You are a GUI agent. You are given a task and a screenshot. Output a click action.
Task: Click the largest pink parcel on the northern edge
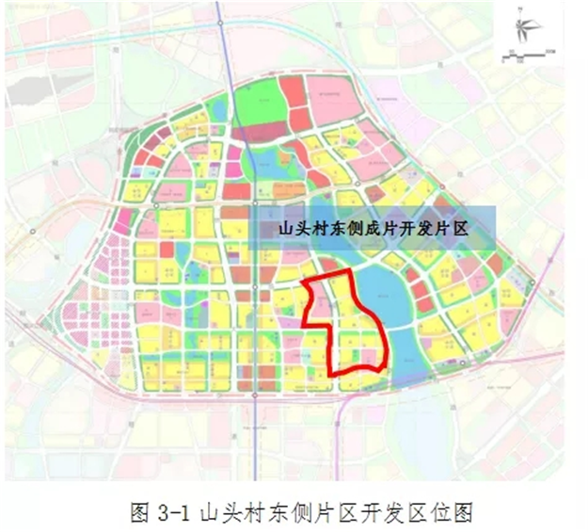pos(334,99)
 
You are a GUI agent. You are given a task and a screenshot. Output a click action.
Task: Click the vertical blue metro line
pos(223,56)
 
